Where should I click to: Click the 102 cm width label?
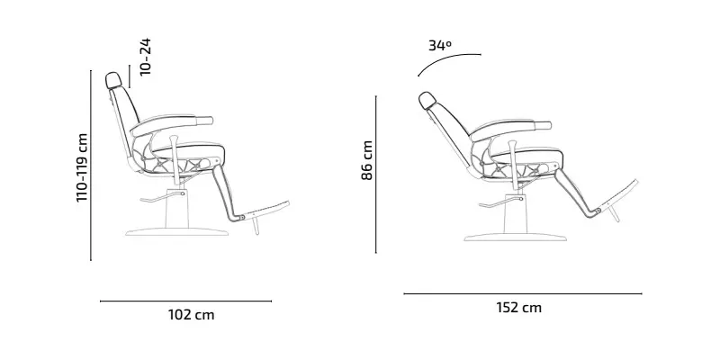(191, 315)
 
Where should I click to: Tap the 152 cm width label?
(519, 307)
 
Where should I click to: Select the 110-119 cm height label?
(82, 167)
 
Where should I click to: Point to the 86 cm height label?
(367, 160)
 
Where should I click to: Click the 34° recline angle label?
(440, 46)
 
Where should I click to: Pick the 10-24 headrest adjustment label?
(145, 57)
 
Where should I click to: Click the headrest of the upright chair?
(113, 80)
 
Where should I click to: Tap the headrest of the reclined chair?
(427, 100)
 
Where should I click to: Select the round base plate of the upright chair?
(176, 232)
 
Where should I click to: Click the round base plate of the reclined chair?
(516, 238)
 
